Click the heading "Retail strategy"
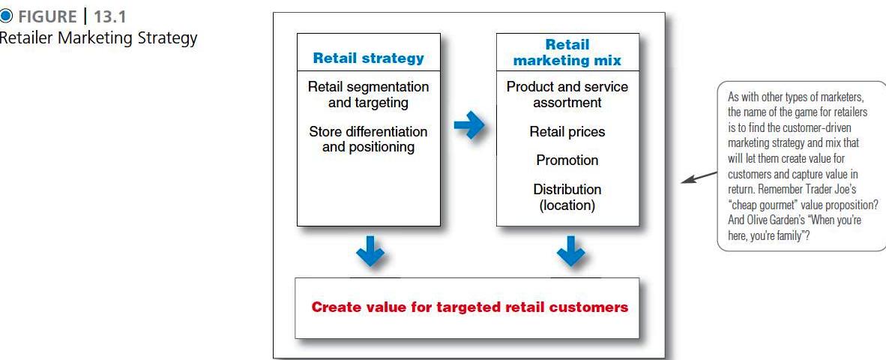(x=368, y=58)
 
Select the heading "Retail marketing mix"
(x=567, y=52)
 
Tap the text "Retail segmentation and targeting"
(x=368, y=95)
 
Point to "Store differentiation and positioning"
(x=368, y=139)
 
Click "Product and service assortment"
(x=567, y=95)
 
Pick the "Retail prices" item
(x=567, y=132)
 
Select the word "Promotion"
(x=567, y=160)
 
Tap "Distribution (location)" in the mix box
(x=567, y=197)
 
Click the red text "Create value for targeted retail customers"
(x=469, y=307)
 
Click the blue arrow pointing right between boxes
(x=469, y=125)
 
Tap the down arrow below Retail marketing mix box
(x=570, y=250)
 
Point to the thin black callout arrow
(x=699, y=178)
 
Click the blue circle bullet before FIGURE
(x=5, y=16)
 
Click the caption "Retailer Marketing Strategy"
(x=97, y=38)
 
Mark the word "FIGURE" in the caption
(x=47, y=16)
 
